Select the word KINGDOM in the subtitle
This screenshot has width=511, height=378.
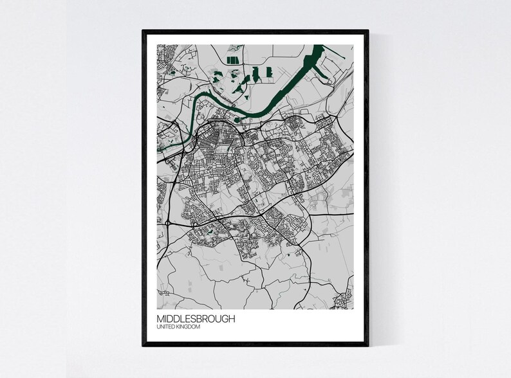(188, 328)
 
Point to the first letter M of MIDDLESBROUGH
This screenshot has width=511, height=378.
(160, 319)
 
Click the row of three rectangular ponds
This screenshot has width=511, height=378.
(231, 60)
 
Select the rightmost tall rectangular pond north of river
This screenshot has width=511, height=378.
(268, 73)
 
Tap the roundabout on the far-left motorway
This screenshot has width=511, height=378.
(167, 222)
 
